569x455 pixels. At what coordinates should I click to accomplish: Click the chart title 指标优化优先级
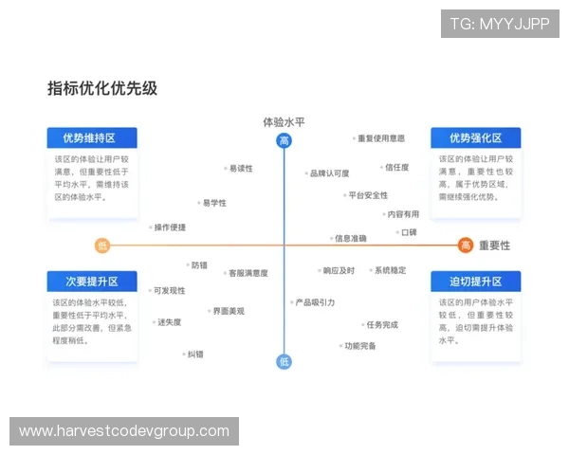click(x=102, y=89)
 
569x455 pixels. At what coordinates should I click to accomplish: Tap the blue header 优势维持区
click(x=92, y=138)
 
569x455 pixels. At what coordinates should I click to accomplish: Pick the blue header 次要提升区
click(x=92, y=282)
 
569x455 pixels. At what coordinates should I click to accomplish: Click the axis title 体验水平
click(x=284, y=121)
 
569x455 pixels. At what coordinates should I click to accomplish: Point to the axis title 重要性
click(x=494, y=245)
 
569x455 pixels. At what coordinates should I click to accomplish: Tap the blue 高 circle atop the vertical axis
click(x=284, y=141)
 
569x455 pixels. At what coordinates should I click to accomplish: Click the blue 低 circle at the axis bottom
click(x=284, y=361)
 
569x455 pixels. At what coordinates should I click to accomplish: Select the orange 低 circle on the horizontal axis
click(x=102, y=246)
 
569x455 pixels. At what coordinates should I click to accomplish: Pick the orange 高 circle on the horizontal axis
click(x=466, y=246)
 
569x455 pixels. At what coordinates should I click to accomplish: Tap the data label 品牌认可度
click(x=329, y=173)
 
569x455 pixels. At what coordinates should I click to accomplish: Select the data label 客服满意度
click(x=248, y=273)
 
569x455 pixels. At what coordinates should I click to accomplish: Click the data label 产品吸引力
click(x=315, y=302)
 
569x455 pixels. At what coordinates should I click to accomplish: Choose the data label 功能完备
click(x=359, y=346)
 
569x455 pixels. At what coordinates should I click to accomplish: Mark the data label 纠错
click(x=194, y=355)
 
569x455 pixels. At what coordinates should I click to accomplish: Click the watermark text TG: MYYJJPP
click(x=500, y=24)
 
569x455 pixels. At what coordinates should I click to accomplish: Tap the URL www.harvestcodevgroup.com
click(x=124, y=431)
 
